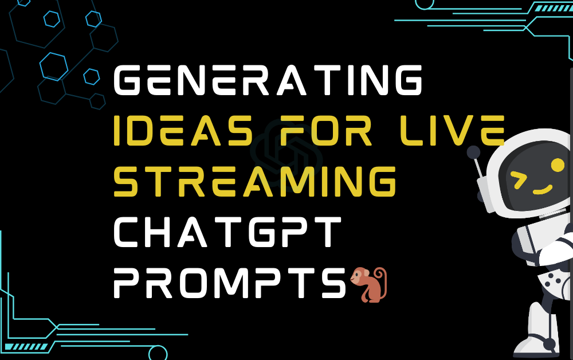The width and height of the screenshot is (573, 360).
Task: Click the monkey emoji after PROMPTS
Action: coord(368,284)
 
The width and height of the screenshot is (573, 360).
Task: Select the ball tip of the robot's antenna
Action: coord(473,152)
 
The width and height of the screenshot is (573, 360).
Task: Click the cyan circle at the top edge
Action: coord(424,3)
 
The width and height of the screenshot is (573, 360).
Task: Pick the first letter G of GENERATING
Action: coord(127,81)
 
